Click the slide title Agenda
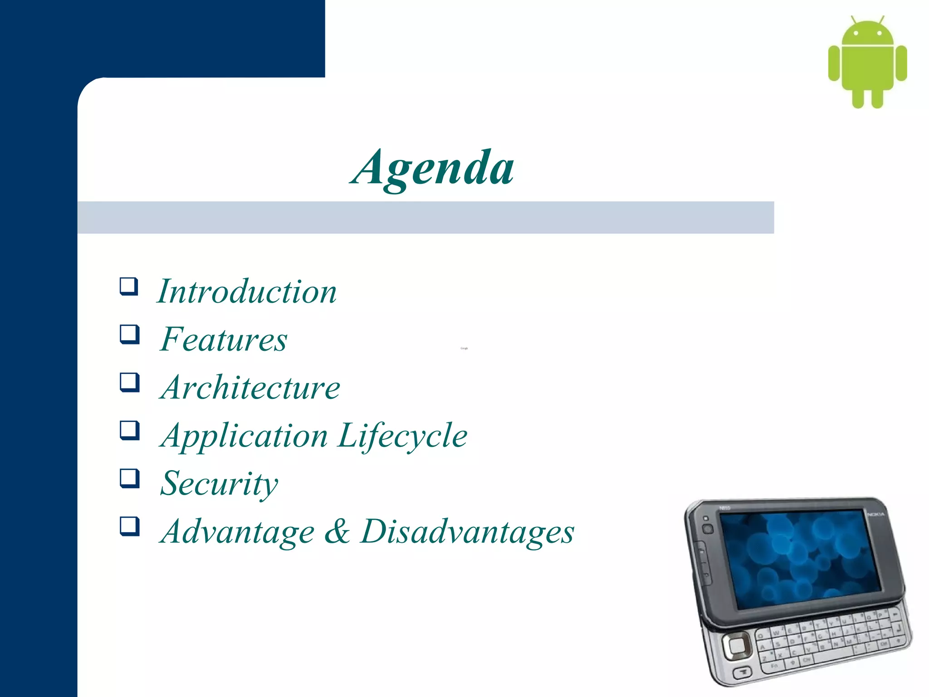[x=433, y=168]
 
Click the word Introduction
[x=247, y=291]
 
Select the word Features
[x=224, y=339]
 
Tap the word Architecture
[x=250, y=388]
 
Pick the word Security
[x=219, y=484]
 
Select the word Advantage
[x=238, y=532]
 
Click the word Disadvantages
[x=468, y=532]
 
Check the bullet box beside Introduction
[x=129, y=287]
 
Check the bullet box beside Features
[x=129, y=334]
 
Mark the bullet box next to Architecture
[x=129, y=382]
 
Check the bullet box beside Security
[x=129, y=478]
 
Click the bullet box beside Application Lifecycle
[x=129, y=430]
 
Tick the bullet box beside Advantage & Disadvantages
[x=129, y=526]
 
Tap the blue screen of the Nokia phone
[x=801, y=558]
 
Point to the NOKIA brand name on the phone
[x=876, y=514]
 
